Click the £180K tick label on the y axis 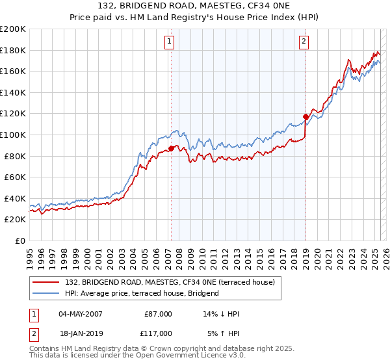pos(13,50)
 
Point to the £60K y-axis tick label pos(15,177)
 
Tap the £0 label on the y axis pos(19,240)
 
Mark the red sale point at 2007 pos(171,148)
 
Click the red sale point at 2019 pos(305,117)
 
